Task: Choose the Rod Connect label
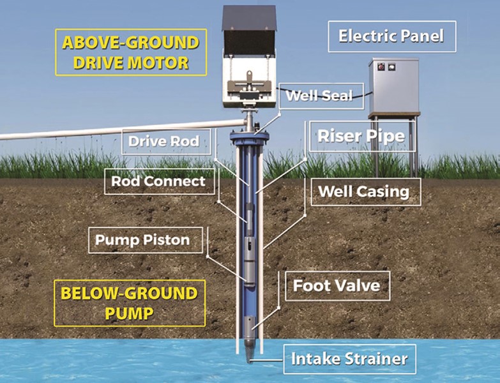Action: [x=158, y=181]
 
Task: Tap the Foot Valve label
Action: [x=336, y=285]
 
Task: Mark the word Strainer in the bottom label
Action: [x=375, y=359]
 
